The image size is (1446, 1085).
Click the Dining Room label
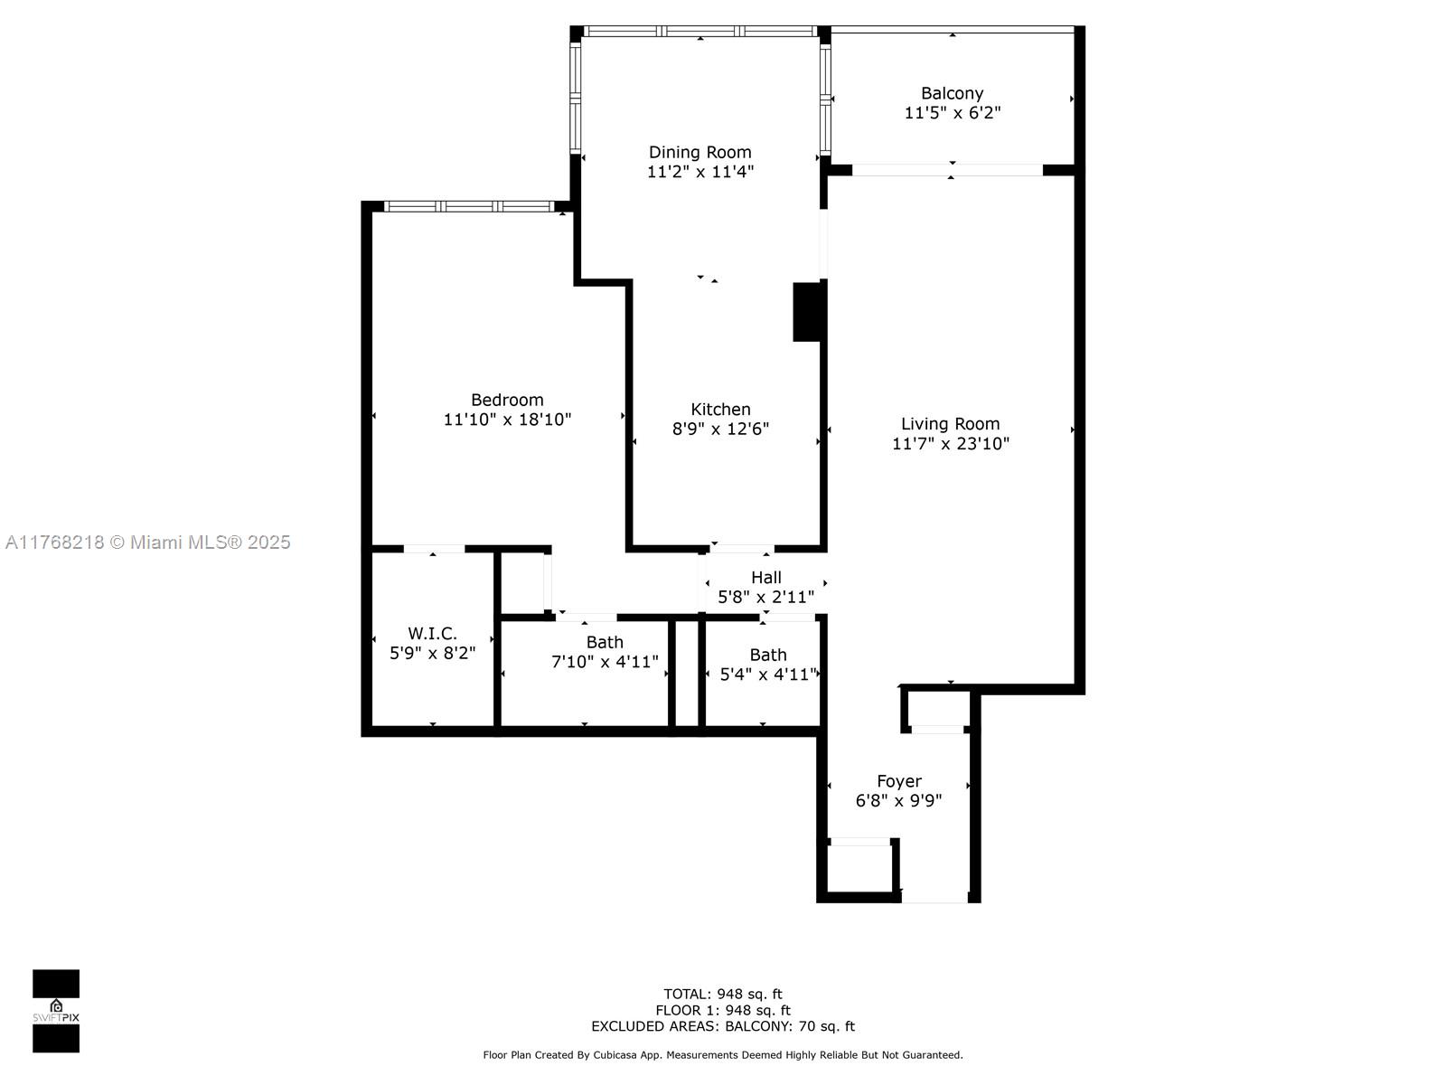click(x=700, y=152)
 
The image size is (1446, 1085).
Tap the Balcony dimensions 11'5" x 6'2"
click(x=952, y=113)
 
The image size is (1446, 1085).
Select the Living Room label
click(x=950, y=423)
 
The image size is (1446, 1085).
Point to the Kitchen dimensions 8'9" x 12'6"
click(x=720, y=429)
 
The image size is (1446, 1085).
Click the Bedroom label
click(x=507, y=400)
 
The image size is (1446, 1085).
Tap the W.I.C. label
click(x=432, y=633)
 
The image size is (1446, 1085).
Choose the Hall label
click(x=766, y=577)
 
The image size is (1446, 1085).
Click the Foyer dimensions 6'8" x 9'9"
click(x=898, y=800)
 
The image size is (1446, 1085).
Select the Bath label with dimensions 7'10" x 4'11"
click(x=605, y=642)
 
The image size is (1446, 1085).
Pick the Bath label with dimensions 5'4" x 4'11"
click(x=767, y=655)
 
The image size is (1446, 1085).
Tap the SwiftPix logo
click(x=56, y=1011)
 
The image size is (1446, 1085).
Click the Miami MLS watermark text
click(x=147, y=542)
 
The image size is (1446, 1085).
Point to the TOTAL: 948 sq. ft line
click(x=723, y=994)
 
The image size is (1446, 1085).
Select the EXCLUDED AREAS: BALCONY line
click(x=723, y=1025)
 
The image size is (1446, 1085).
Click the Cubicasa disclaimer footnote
click(x=723, y=1054)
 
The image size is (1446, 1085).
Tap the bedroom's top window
click(x=468, y=206)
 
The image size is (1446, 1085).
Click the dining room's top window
click(x=700, y=31)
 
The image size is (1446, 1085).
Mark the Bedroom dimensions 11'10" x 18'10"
click(x=507, y=420)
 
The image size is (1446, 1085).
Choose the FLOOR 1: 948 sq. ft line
click(x=723, y=1010)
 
